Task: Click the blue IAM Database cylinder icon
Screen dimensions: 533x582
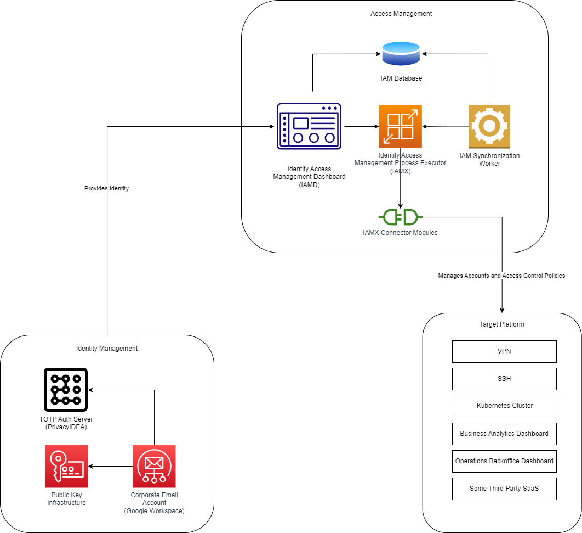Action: pyautogui.click(x=401, y=54)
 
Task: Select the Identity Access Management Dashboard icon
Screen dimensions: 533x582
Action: pyautogui.click(x=309, y=126)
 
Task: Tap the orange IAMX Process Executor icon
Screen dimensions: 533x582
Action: pyautogui.click(x=400, y=126)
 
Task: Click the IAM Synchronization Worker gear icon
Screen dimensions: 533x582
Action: pyautogui.click(x=489, y=126)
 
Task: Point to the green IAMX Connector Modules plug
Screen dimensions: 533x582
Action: pyautogui.click(x=401, y=217)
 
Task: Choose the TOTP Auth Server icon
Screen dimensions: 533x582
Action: pyautogui.click(x=66, y=390)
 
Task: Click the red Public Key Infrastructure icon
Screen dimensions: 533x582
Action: pyautogui.click(x=66, y=466)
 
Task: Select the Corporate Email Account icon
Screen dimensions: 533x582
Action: pyautogui.click(x=154, y=466)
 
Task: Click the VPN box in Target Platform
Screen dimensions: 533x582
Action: pyautogui.click(x=504, y=351)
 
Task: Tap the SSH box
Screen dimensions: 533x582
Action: pyautogui.click(x=504, y=379)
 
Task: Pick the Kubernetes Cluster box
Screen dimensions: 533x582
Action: pyautogui.click(x=505, y=406)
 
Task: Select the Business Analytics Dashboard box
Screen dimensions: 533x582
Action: pyautogui.click(x=504, y=434)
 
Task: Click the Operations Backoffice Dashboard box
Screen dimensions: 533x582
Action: pyautogui.click(x=504, y=461)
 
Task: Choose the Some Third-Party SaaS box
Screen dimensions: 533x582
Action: pyautogui.click(x=504, y=489)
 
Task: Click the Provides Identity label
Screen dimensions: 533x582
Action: pyautogui.click(x=106, y=188)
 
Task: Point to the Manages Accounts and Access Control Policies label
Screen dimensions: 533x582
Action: pyautogui.click(x=501, y=276)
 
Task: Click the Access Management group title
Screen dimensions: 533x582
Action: pyautogui.click(x=401, y=14)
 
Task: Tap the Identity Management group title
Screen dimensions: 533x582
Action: pyautogui.click(x=107, y=349)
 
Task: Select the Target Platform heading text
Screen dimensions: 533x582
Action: pyautogui.click(x=501, y=324)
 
